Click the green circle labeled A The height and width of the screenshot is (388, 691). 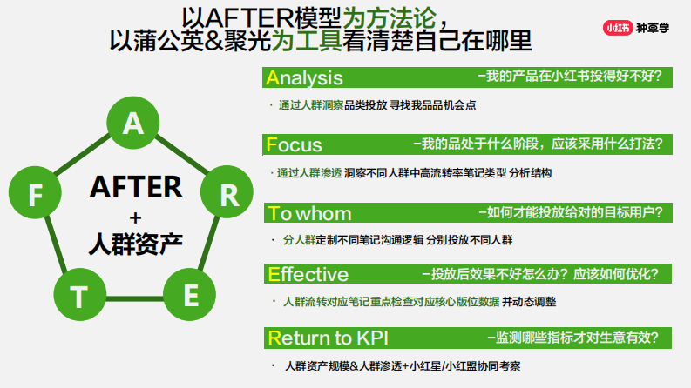[132, 124]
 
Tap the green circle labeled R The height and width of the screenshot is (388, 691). [229, 194]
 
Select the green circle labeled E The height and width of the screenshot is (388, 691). [191, 296]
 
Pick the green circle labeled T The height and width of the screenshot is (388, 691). [79, 297]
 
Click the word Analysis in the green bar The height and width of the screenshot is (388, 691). [305, 77]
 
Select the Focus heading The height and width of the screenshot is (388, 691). [295, 144]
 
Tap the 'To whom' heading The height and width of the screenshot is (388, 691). [310, 213]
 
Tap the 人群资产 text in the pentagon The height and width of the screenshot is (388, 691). [135, 243]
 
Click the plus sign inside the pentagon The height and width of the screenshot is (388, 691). [135, 217]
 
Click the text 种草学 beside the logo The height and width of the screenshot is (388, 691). [654, 27]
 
